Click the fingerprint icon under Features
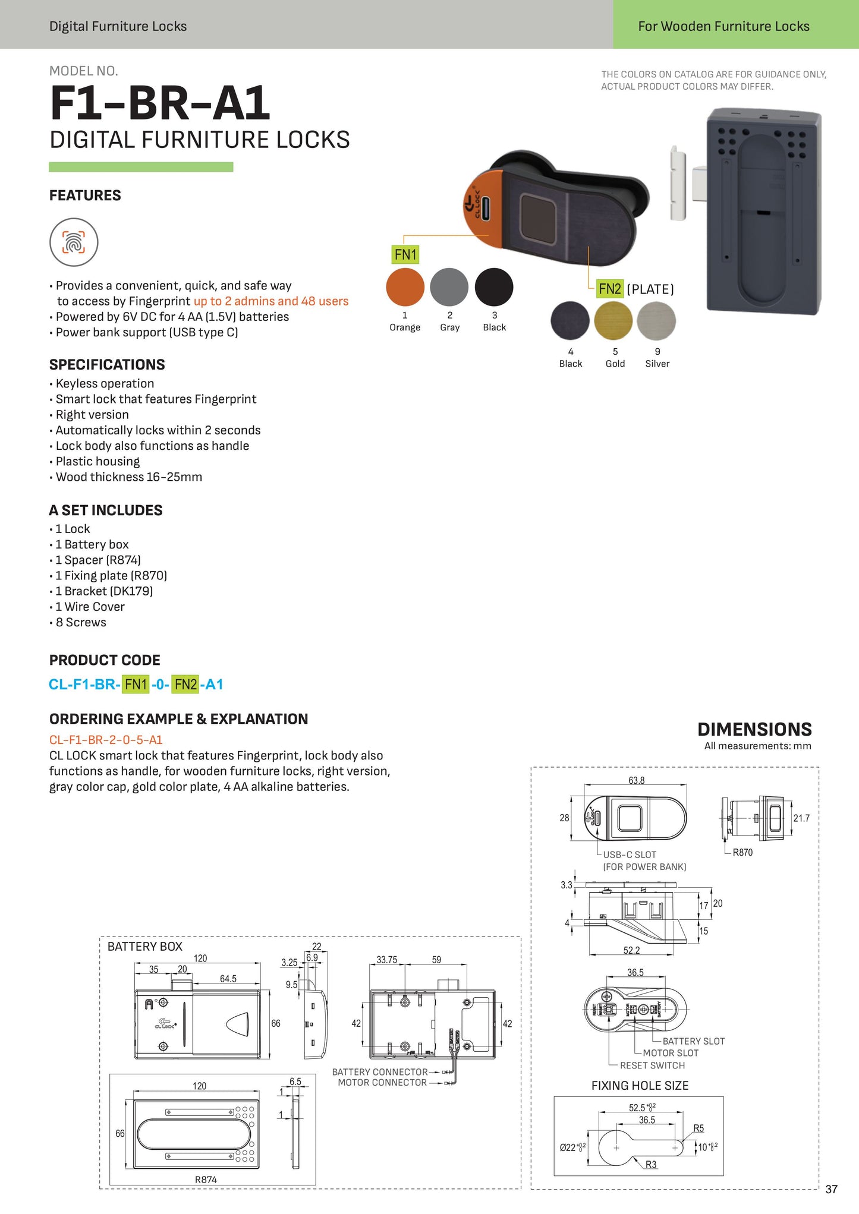click(74, 242)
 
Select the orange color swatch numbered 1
click(405, 287)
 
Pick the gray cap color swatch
click(449, 287)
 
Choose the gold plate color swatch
click(613, 321)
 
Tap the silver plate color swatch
click(656, 321)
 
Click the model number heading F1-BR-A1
click(160, 103)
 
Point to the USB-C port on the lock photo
click(486, 208)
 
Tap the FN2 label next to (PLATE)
click(610, 289)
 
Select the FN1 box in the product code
click(136, 685)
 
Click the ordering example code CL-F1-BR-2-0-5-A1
click(106, 740)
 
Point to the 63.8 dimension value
click(636, 780)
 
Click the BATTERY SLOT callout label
click(693, 1041)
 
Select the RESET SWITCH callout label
click(652, 1065)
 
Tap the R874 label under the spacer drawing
click(206, 1180)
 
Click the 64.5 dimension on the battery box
click(228, 979)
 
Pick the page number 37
click(831, 1189)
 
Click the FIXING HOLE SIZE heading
click(640, 1086)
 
